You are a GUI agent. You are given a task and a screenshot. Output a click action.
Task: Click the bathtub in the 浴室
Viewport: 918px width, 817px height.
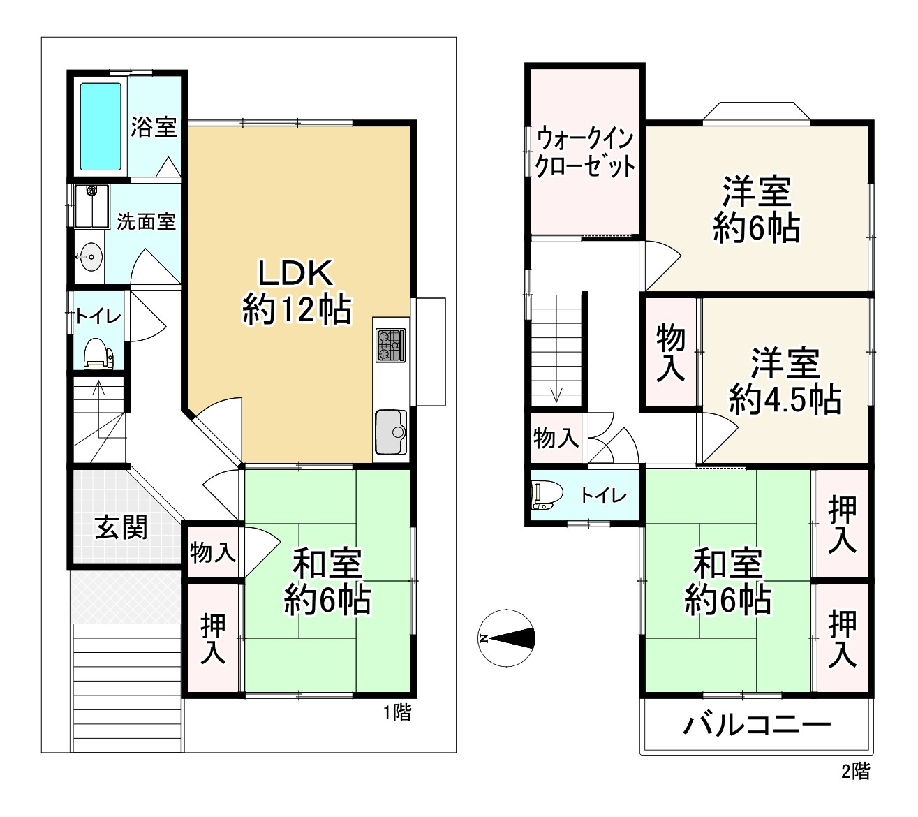pos(101,126)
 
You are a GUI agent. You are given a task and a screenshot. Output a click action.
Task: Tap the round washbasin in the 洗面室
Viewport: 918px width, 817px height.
pos(91,257)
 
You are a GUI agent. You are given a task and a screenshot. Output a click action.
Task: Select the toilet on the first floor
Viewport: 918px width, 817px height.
pos(98,353)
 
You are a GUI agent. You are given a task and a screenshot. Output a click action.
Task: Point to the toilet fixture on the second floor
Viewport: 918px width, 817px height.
pos(547,494)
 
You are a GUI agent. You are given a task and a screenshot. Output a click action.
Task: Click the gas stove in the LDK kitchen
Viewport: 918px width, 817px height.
pos(390,345)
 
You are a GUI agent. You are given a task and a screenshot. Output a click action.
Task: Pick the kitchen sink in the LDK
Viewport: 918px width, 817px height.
pos(391,432)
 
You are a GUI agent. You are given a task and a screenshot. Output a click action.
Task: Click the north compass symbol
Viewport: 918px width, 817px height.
pos(506,638)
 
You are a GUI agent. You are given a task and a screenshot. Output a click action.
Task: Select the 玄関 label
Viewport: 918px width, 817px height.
pos(121,528)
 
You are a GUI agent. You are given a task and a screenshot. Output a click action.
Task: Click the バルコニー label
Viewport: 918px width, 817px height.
pos(756,726)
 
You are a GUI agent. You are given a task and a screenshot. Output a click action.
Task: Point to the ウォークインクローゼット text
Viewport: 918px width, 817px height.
pos(584,153)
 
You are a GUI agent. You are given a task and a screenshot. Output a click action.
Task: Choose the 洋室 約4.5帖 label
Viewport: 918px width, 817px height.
pos(785,381)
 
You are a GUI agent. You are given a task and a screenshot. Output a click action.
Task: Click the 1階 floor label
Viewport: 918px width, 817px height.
pos(397,713)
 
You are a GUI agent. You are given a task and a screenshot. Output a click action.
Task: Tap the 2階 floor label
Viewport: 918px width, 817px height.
pos(855,771)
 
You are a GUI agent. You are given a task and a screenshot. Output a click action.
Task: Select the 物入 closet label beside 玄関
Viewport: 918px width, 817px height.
pos(212,552)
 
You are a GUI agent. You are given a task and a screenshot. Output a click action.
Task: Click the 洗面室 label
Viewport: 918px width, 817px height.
pos(146,221)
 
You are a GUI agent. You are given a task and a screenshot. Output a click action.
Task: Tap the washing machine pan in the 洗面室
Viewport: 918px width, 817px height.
pos(91,206)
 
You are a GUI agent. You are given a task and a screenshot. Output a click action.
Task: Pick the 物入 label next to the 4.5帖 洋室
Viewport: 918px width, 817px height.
pos(671,352)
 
